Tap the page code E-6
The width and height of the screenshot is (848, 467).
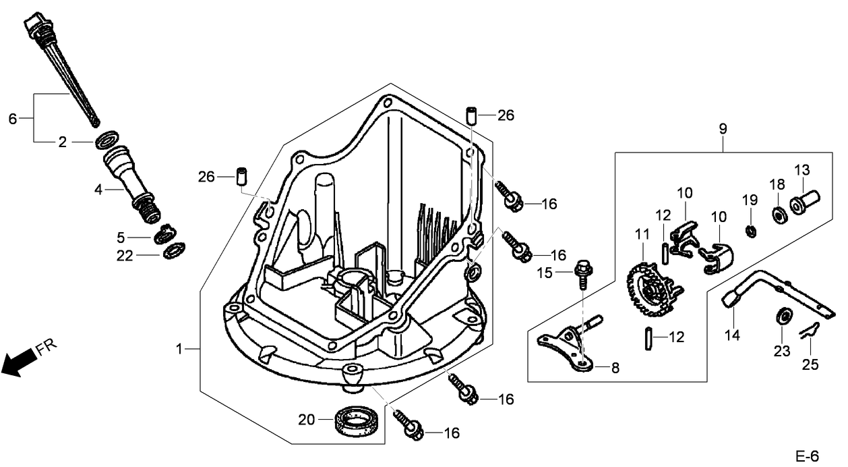click(x=806, y=456)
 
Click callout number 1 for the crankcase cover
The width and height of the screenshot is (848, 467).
click(x=179, y=349)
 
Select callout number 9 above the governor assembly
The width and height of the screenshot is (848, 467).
click(x=723, y=128)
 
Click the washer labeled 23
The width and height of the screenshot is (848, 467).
click(x=783, y=315)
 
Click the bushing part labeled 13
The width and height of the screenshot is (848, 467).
click(x=804, y=202)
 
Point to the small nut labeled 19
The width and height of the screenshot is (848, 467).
click(x=750, y=231)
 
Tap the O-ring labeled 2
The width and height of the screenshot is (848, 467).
click(x=105, y=142)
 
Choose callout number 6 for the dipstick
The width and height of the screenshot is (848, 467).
click(x=12, y=119)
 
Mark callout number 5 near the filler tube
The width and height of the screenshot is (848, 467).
click(x=121, y=238)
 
